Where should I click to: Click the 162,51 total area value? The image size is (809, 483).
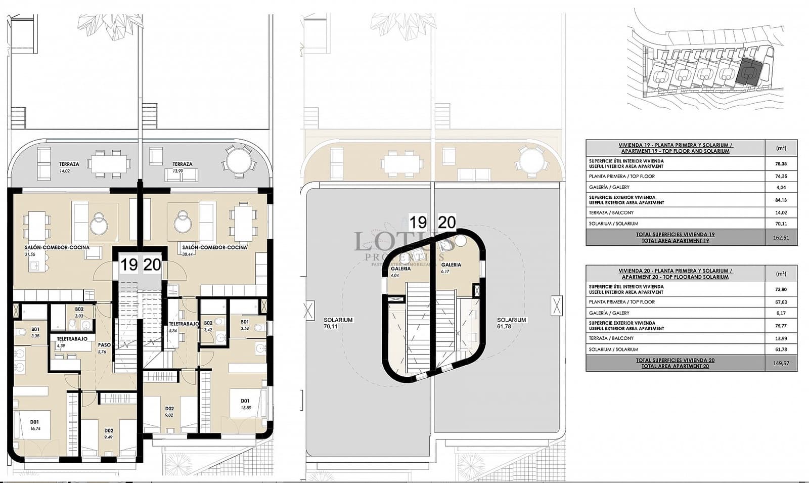click(x=781, y=237)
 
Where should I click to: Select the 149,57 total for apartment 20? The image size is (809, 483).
click(x=781, y=363)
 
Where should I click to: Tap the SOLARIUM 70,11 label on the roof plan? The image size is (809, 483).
click(x=338, y=323)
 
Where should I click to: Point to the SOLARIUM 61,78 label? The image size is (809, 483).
click(x=511, y=323)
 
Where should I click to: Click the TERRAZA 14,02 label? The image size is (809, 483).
click(x=69, y=167)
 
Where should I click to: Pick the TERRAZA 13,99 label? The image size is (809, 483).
click(x=182, y=167)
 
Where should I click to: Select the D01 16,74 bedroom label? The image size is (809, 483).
click(x=34, y=424)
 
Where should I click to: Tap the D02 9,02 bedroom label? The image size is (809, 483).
click(x=169, y=412)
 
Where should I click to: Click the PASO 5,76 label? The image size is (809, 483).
click(x=104, y=348)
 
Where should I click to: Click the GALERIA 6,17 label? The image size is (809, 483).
click(x=451, y=268)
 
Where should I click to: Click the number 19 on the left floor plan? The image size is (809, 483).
click(x=129, y=265)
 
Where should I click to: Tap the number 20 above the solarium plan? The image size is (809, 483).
click(x=446, y=222)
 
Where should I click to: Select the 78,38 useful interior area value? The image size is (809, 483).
click(x=781, y=164)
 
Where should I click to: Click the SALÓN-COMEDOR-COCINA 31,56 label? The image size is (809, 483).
click(x=57, y=250)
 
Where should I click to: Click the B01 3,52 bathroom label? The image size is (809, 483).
click(x=245, y=325)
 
